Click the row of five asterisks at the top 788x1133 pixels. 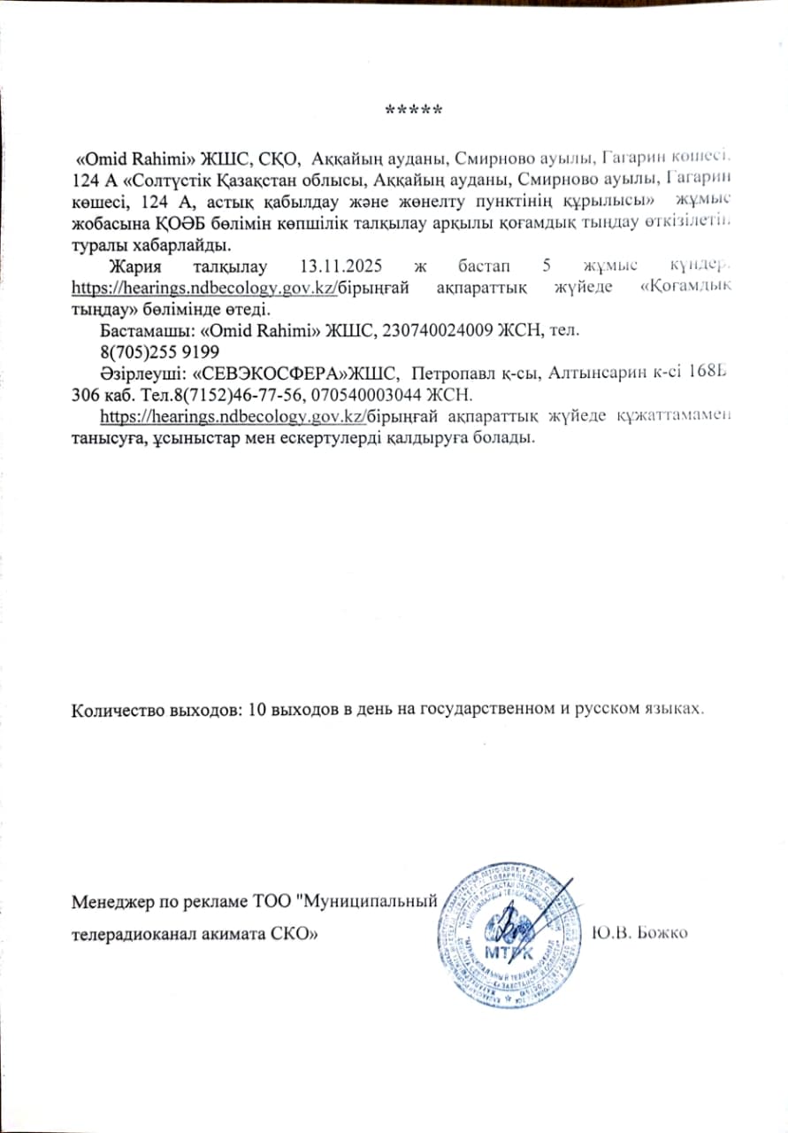pyautogui.click(x=414, y=112)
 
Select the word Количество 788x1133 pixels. pyautogui.click(x=117, y=710)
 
